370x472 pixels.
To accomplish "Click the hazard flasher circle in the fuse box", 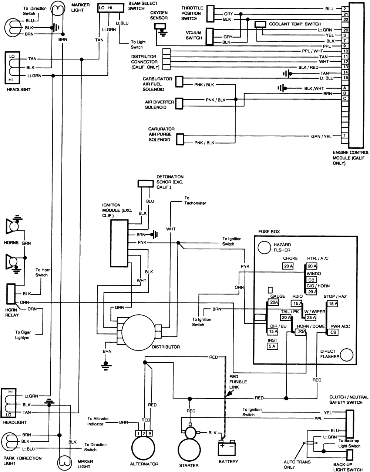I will point(265,247).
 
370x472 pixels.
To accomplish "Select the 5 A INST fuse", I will point(272,346).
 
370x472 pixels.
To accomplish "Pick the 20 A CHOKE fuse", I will point(287,266).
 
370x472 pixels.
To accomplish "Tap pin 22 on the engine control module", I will point(344,19).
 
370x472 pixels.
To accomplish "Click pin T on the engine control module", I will point(344,136).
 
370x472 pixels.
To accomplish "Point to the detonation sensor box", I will point(145,184).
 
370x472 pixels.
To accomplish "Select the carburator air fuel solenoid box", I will point(179,82).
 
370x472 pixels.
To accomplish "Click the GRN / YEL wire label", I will point(321,136).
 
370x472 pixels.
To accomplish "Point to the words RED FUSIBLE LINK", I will point(238,382).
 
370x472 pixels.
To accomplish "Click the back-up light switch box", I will point(350,455).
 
